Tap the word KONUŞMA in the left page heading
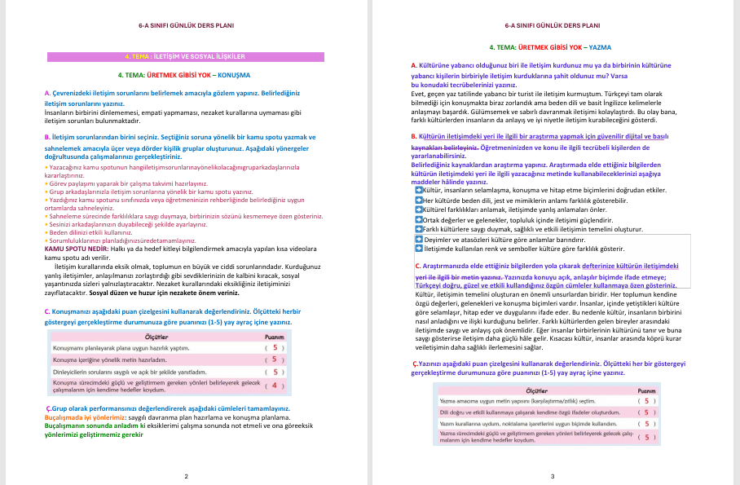point(235,74)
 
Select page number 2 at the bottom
point(186,476)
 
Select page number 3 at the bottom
point(553,476)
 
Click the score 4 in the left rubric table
point(274,386)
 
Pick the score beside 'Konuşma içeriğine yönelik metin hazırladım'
point(274,359)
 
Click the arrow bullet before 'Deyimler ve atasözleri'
point(419,240)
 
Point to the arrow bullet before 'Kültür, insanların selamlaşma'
point(419,188)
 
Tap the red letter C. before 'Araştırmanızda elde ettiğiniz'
point(418,266)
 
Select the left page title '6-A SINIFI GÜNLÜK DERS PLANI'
point(186,25)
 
